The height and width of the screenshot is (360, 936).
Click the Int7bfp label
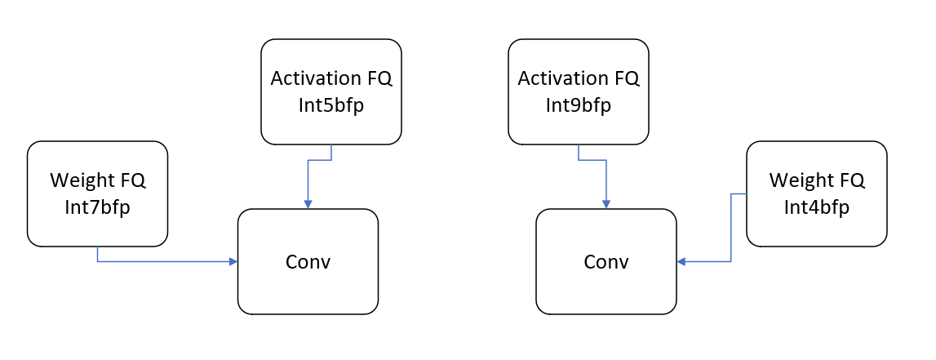[97, 207]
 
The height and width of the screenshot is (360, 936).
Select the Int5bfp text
[330, 105]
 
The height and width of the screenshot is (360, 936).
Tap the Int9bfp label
[578, 105]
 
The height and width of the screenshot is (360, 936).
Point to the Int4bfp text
[816, 207]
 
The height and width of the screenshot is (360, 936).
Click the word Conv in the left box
[308, 262]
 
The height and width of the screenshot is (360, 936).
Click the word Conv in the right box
[606, 262]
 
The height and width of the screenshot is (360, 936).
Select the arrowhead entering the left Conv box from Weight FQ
[233, 262]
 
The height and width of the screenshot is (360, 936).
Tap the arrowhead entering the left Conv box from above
[308, 204]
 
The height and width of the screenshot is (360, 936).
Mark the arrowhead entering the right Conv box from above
[606, 204]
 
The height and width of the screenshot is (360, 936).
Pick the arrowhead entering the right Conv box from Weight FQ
[681, 262]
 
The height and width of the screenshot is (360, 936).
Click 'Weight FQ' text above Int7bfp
[97, 180]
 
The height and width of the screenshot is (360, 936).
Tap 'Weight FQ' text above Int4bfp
[816, 180]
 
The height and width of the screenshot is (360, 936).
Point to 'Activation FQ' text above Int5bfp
[330, 78]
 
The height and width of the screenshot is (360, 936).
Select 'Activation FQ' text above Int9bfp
[578, 78]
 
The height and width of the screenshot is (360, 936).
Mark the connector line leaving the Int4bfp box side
[731, 229]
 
